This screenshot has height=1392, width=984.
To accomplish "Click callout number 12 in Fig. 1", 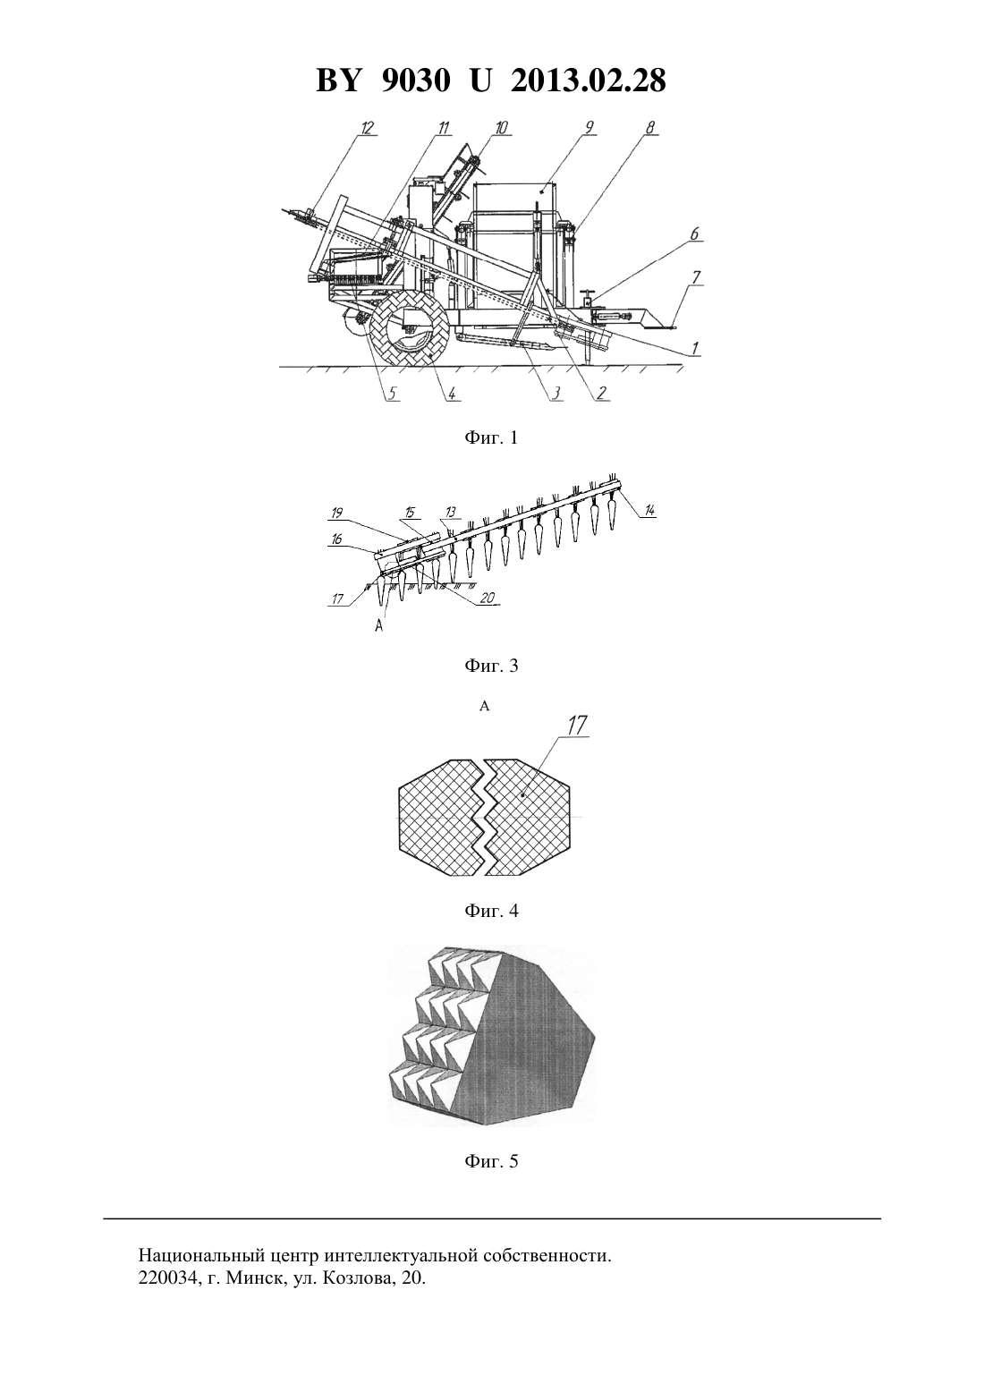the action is tap(368, 128).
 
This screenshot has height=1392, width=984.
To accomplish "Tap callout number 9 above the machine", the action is tap(589, 127).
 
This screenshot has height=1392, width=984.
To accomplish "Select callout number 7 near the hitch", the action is tap(698, 276).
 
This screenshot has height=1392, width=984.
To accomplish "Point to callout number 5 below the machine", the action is tap(392, 393).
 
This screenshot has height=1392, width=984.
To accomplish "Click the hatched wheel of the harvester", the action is tap(410, 328).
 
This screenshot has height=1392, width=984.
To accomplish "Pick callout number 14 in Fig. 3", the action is tap(649, 510).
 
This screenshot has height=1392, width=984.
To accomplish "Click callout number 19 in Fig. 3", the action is tap(337, 514).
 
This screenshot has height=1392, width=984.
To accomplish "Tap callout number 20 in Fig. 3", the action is tap(487, 598).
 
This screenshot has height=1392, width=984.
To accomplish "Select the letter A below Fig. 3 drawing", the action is tap(379, 627).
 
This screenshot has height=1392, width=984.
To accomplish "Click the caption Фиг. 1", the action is tap(491, 438).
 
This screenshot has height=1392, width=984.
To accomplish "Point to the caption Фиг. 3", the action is tap(491, 666).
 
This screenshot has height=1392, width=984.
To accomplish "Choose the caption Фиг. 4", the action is tap(491, 911).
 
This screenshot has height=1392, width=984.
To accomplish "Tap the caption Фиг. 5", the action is tap(491, 1161).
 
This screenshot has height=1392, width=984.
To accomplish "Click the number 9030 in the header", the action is tap(414, 81).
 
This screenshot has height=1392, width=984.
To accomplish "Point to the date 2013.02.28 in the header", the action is tap(589, 81).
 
